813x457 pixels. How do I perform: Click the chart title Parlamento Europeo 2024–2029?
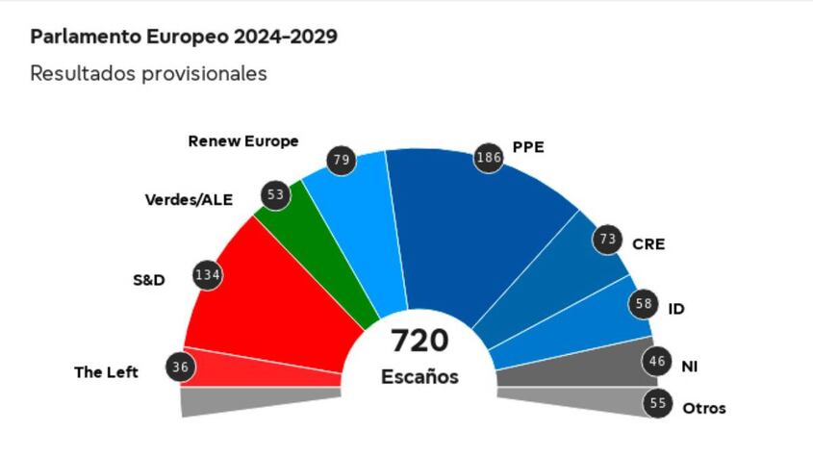point(184,38)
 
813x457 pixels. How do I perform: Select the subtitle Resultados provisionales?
point(148,73)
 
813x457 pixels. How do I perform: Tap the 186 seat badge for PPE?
point(489,157)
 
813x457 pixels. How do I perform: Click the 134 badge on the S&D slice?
point(208,276)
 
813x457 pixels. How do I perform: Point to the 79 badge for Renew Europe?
point(341,160)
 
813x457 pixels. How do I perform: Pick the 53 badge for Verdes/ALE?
point(276,195)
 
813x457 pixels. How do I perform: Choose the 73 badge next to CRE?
point(607,239)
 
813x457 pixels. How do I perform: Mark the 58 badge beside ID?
point(645,305)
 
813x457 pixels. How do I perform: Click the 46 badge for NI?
point(657,363)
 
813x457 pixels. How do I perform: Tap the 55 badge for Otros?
point(658,404)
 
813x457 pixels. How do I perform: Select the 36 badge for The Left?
point(179,367)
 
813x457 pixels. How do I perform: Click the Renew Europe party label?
point(243,141)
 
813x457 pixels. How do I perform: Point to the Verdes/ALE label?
point(190,200)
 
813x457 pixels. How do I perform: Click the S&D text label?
point(149,280)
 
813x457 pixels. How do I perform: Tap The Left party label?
point(106,371)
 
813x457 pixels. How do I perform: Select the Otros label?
point(704,408)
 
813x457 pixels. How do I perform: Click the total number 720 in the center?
point(419,341)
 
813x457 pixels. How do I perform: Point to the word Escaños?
point(419,377)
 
